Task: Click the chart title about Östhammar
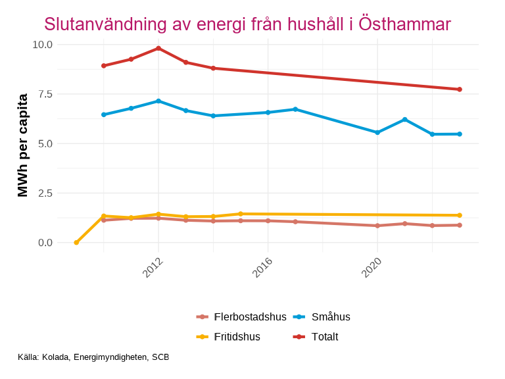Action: click(x=247, y=24)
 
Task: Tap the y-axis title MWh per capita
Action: click(x=22, y=145)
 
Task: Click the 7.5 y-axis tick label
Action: click(x=44, y=94)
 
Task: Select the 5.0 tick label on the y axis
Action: click(x=44, y=143)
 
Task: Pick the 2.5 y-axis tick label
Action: click(x=44, y=193)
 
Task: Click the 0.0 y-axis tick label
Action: click(x=44, y=243)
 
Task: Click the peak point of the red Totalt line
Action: click(x=158, y=48)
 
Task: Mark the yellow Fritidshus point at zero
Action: click(x=76, y=243)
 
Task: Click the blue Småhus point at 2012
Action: click(x=158, y=101)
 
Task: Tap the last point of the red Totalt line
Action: click(x=460, y=89)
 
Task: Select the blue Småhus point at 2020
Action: click(x=377, y=132)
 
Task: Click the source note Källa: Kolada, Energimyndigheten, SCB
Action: click(x=93, y=357)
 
